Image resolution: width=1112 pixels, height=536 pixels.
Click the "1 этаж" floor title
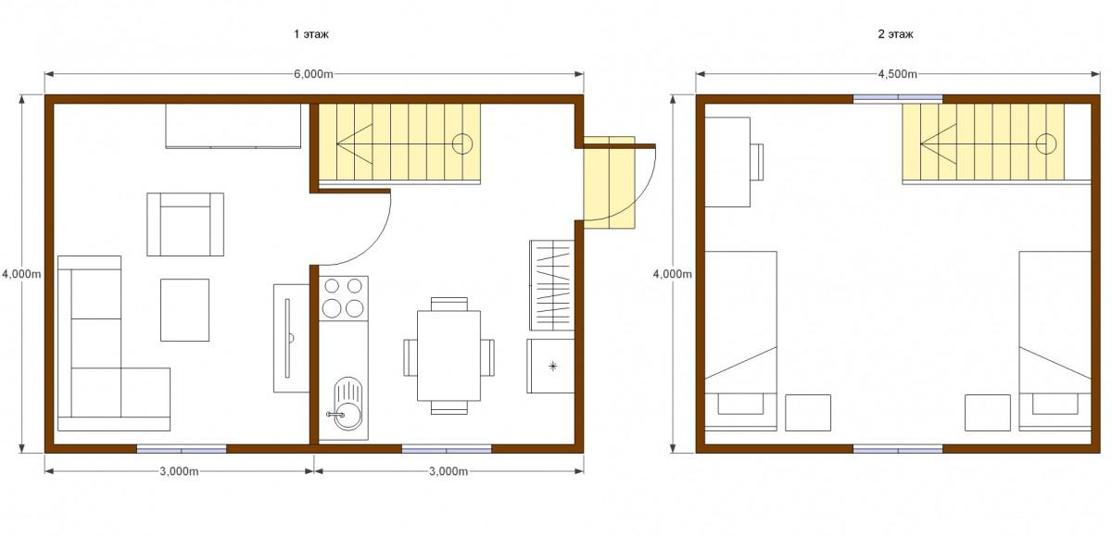click(310, 34)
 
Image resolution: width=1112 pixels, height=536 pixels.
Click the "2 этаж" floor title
click(895, 34)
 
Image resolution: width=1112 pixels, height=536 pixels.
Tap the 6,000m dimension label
click(313, 74)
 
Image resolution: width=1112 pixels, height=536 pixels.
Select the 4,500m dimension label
click(898, 74)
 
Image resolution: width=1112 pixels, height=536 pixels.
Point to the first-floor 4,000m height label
click(21, 274)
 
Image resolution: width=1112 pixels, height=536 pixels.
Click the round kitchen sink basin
click(347, 416)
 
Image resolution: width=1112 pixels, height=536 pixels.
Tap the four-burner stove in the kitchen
click(343, 298)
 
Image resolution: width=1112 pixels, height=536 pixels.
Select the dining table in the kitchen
click(449, 355)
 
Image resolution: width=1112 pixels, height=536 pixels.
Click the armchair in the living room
click(185, 225)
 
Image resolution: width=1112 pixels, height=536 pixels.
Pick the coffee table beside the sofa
click(184, 310)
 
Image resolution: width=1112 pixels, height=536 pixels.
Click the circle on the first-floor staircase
click(462, 144)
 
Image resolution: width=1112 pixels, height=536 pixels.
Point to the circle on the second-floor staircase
click(1046, 144)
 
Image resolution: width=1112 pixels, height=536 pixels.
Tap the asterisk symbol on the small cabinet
click(552, 367)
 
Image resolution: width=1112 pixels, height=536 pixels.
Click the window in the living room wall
click(182, 449)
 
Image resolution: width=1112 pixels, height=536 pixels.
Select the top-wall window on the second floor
click(898, 98)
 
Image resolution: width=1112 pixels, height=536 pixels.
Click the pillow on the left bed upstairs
click(740, 405)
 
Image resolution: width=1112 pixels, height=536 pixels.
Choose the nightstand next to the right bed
click(988, 413)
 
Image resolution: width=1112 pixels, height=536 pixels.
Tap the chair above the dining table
click(449, 304)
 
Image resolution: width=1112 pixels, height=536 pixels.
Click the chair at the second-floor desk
click(756, 162)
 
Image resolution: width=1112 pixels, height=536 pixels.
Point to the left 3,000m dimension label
click(179, 471)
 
